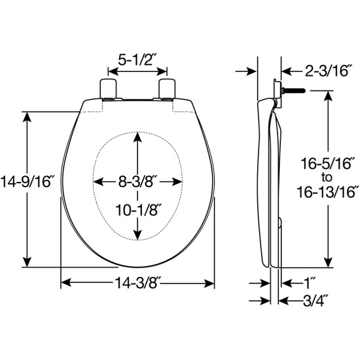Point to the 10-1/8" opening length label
[x=138, y=211]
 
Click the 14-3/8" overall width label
[x=138, y=283]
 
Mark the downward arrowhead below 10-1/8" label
[x=138, y=236]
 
